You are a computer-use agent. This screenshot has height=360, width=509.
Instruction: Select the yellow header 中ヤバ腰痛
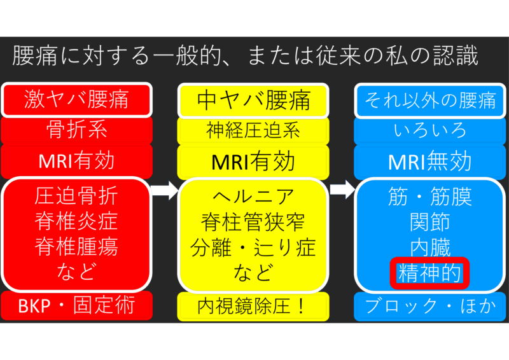253,99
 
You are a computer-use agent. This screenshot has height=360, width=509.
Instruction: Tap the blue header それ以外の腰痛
431,99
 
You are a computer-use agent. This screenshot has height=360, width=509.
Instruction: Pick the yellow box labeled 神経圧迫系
253,130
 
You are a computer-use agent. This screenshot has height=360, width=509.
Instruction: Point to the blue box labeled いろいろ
431,130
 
